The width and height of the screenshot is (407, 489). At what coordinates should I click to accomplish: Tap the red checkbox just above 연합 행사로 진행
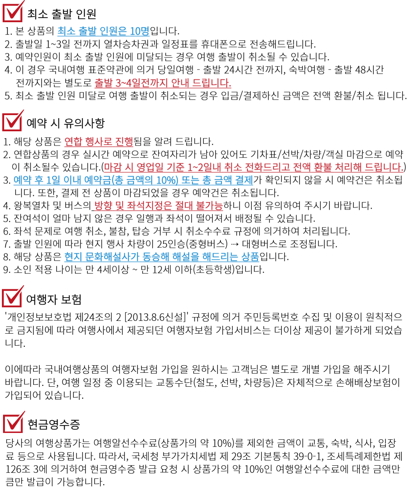click(12, 121)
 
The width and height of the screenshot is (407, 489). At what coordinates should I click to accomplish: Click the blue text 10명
click(139, 31)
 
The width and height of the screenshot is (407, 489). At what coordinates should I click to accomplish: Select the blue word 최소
click(66, 31)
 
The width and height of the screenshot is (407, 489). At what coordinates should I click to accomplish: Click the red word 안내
click(180, 83)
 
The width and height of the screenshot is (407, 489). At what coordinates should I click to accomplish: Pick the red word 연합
click(73, 142)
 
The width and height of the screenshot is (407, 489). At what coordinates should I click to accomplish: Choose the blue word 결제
click(244, 181)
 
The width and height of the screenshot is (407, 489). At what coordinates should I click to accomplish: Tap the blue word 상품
click(250, 257)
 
